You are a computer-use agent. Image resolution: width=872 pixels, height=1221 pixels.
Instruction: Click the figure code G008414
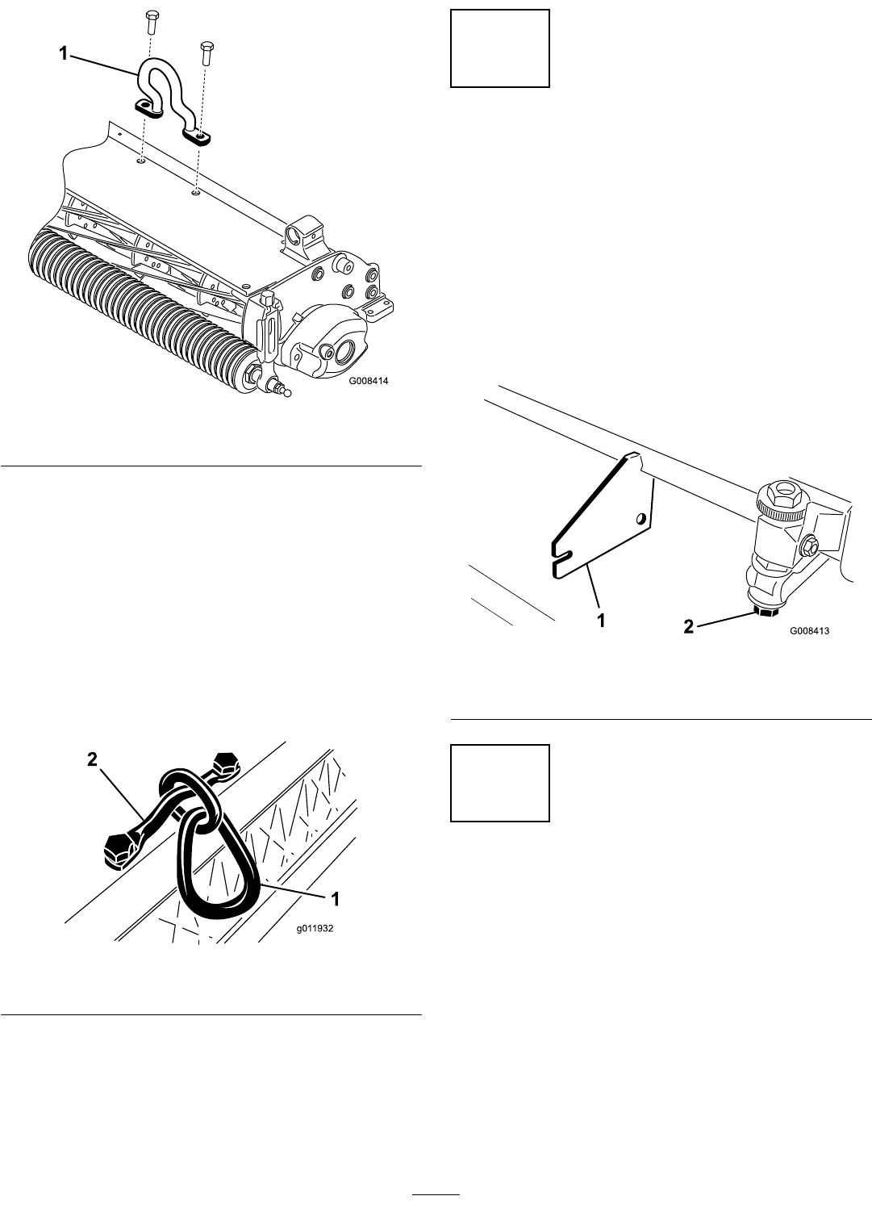369,381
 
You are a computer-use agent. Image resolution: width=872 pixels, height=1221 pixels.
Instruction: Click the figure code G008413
810,630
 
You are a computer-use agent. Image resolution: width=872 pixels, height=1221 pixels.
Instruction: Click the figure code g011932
315,928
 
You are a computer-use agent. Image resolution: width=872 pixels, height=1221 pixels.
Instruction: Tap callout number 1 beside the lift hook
64,53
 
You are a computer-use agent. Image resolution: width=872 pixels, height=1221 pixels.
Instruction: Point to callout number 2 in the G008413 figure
689,627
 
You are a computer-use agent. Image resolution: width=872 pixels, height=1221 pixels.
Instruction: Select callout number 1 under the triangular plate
601,621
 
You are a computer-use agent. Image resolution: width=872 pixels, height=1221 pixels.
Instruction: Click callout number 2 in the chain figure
93,759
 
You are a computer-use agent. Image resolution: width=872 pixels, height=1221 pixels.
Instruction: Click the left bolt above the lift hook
152,21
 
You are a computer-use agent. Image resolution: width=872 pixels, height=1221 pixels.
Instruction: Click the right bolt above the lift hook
206,52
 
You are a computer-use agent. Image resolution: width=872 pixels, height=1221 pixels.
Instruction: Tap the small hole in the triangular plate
643,517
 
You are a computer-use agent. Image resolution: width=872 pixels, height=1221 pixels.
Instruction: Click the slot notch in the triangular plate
561,556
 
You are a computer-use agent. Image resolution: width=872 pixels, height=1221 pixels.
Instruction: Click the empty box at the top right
500,48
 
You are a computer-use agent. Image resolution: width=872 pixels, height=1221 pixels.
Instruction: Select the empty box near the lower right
500,783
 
